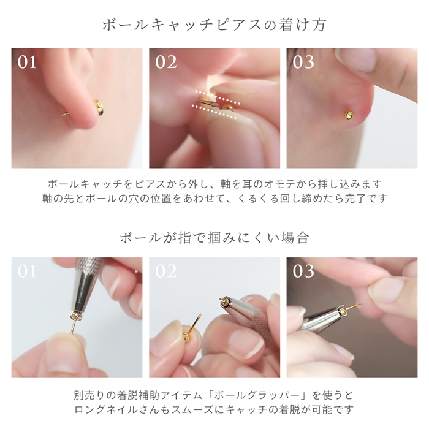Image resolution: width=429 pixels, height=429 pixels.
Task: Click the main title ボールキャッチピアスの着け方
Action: click(x=214, y=25)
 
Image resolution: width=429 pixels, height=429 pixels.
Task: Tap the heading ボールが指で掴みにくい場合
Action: click(x=214, y=237)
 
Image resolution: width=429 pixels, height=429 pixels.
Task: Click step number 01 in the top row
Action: click(x=27, y=62)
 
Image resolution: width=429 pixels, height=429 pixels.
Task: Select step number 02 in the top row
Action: click(x=165, y=62)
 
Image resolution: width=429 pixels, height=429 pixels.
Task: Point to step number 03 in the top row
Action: click(x=303, y=62)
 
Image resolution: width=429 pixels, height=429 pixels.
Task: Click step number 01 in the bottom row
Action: click(x=27, y=271)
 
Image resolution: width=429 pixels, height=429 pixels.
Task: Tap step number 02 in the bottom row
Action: click(x=165, y=271)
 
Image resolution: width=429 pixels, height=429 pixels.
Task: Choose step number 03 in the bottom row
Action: click(x=303, y=271)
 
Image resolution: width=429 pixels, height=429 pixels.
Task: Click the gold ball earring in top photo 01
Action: click(x=98, y=108)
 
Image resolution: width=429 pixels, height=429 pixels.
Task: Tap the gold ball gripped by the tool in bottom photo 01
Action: click(x=76, y=313)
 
